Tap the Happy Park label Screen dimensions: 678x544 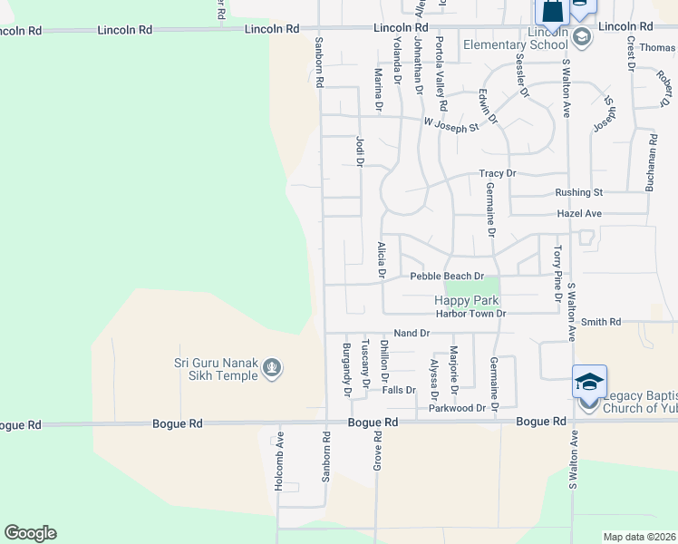point(467,300)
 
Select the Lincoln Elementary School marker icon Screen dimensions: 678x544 point(582,36)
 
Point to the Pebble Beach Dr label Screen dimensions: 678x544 point(447,276)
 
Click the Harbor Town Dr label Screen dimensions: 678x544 point(470,314)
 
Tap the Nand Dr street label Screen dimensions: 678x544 point(412,334)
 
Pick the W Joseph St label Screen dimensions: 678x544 point(450,126)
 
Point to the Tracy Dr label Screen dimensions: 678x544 point(498,173)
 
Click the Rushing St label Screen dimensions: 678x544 point(579,192)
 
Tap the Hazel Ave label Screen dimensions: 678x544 point(580,213)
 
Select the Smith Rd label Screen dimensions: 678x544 point(601,322)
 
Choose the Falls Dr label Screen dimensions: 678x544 point(398,390)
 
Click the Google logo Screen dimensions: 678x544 point(30,533)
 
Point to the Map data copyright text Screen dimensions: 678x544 point(639,537)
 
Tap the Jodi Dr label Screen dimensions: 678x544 point(359,152)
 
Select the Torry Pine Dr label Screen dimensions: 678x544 point(557,268)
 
